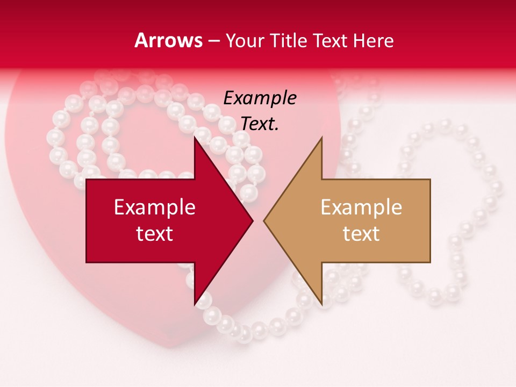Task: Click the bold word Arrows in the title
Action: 169,40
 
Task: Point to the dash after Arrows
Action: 214,41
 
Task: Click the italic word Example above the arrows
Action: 260,98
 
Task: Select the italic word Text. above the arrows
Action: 260,124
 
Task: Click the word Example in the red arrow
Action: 155,207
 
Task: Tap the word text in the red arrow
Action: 155,234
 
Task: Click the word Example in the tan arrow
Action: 361,207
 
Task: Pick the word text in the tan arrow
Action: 361,234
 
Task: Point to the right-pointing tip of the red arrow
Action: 253,220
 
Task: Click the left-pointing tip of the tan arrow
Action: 264,220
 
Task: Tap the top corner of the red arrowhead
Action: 194,138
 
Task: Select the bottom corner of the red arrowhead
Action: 194,304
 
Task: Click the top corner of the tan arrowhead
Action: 321,138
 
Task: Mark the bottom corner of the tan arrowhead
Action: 321,304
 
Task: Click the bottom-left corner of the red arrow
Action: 87,262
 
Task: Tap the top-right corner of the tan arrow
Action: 430,180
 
